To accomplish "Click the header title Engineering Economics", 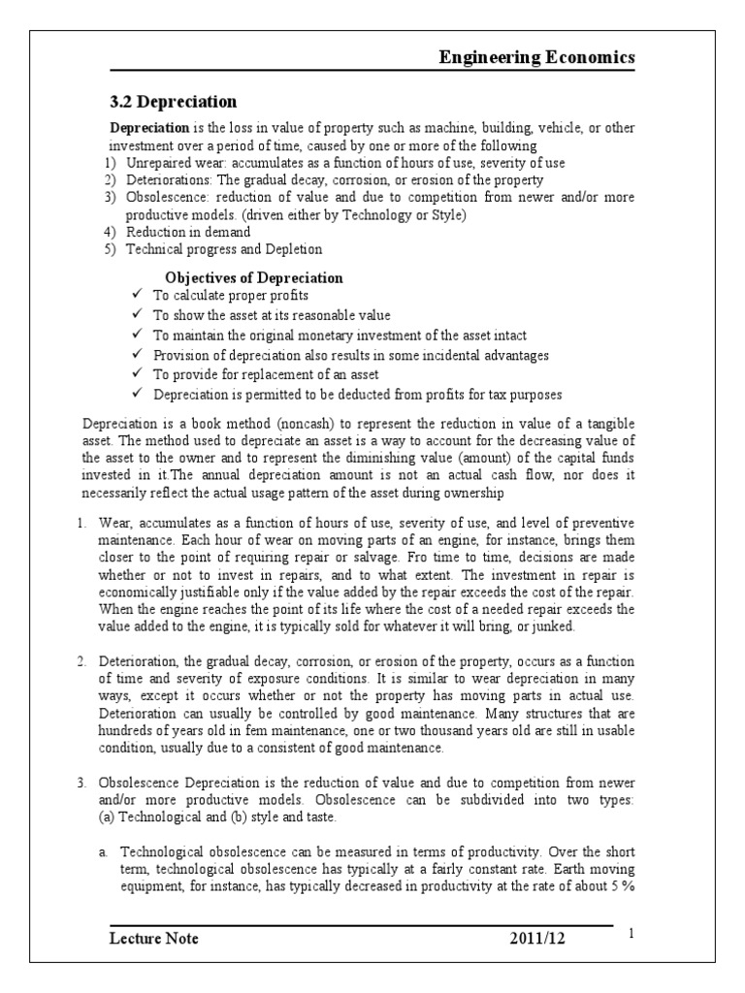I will [x=536, y=57].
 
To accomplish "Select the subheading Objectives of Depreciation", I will [x=254, y=277].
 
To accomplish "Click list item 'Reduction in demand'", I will [x=188, y=231].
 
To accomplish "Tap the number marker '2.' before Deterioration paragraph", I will [x=82, y=660].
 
